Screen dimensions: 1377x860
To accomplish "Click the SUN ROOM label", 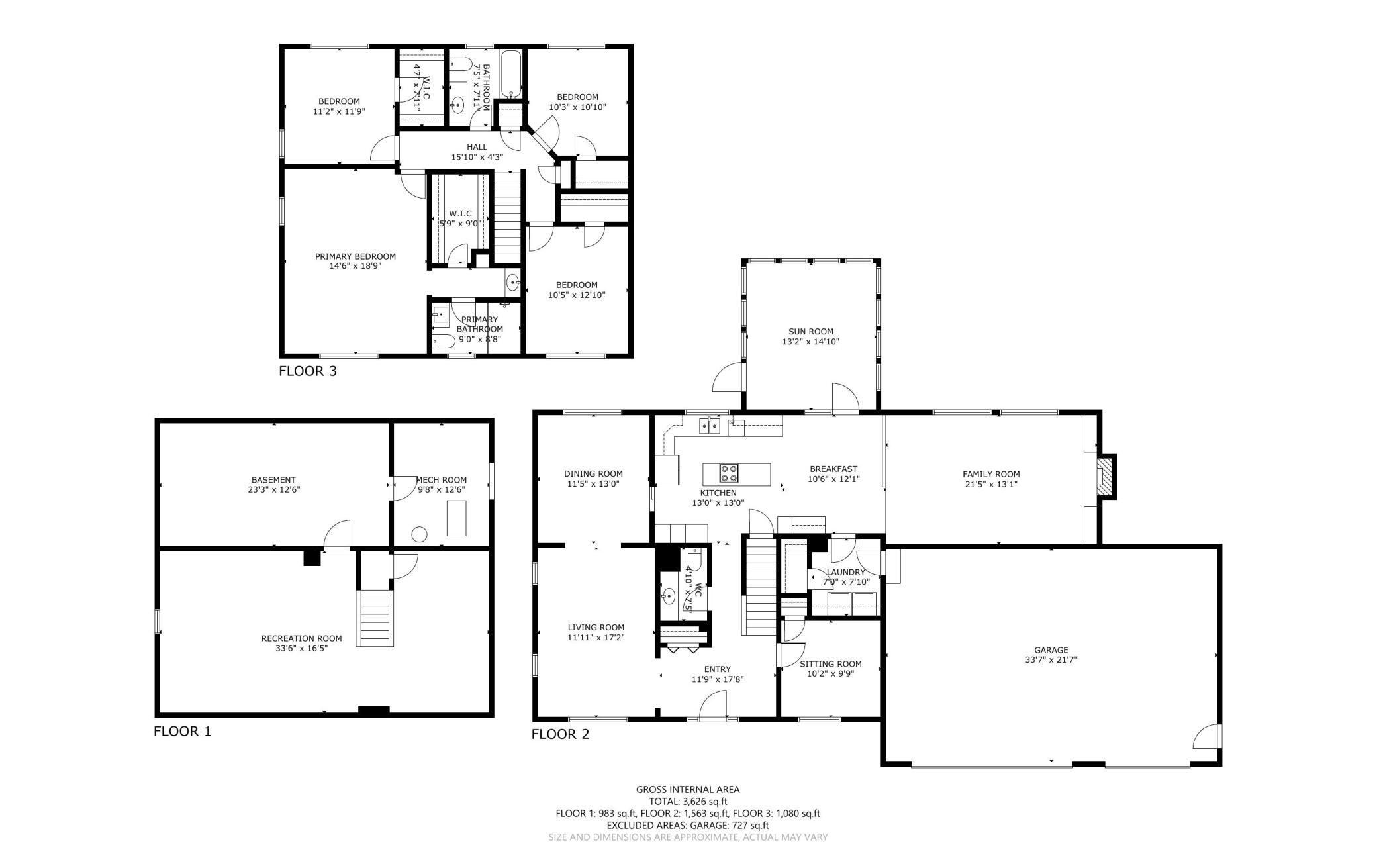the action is [x=811, y=332].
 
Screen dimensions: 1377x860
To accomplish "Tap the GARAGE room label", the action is [x=1051, y=650].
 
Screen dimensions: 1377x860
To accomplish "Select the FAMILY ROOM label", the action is [x=991, y=474].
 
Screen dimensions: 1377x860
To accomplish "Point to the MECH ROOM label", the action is [x=442, y=480].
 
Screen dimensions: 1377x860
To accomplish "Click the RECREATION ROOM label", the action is [x=302, y=638].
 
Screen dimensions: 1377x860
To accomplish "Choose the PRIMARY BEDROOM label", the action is [x=356, y=256].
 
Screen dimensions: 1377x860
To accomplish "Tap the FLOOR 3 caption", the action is [x=308, y=371].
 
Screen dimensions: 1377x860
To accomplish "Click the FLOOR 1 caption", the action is [x=183, y=732].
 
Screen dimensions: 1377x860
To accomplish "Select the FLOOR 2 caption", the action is [x=560, y=734].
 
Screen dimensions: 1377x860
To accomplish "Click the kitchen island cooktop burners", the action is [x=729, y=473].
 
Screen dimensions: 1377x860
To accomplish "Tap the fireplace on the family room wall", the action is [x=1106, y=476].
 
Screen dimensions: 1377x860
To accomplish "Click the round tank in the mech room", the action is [x=419, y=534].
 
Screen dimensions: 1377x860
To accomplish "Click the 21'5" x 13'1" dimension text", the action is [x=991, y=484].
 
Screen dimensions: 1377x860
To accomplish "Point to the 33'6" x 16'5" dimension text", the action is [x=302, y=648].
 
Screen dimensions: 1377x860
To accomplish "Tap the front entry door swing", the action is [x=714, y=704].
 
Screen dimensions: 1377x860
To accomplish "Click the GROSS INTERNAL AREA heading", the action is [x=688, y=789].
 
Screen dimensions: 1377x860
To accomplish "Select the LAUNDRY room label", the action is [x=846, y=572].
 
